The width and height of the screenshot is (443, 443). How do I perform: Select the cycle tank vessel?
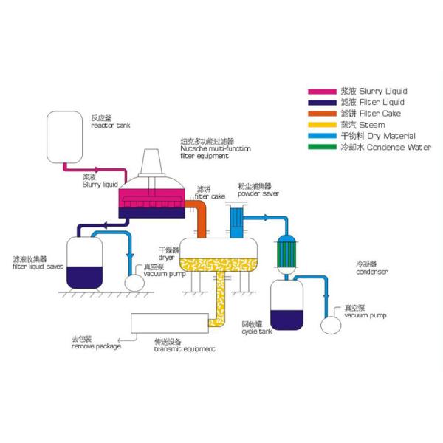[x=286, y=303]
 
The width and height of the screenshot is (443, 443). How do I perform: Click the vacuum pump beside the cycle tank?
[x=332, y=323]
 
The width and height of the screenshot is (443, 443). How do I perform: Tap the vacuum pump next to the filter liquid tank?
[x=136, y=282]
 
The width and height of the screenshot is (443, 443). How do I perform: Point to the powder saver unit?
[x=236, y=216]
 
